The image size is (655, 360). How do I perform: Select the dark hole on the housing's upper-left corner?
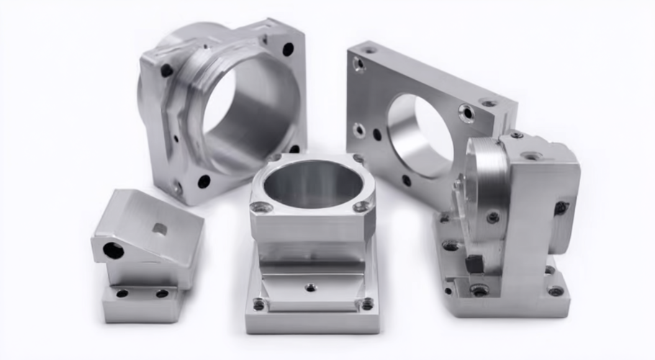166,71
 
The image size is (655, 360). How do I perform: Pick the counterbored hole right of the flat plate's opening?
466,112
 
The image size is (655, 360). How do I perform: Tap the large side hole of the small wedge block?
113,251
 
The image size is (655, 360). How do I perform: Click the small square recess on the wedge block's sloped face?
160,229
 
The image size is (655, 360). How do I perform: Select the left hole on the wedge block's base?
122,293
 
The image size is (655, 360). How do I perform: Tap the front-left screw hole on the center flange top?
262,207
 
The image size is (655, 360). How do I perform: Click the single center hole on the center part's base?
311,287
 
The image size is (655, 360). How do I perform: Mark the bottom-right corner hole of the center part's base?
367,305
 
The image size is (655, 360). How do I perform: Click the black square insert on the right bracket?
474,264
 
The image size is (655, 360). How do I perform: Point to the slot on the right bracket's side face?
561,208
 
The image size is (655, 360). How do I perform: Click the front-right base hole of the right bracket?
555,291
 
